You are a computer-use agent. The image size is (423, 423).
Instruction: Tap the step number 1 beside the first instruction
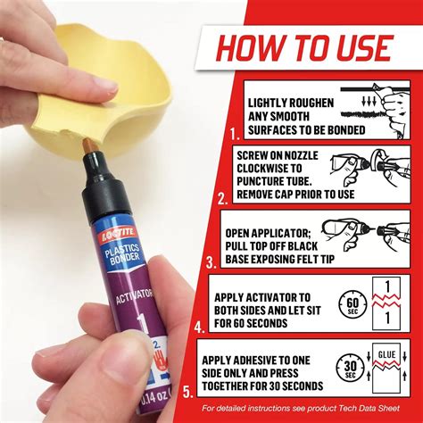(234, 134)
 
